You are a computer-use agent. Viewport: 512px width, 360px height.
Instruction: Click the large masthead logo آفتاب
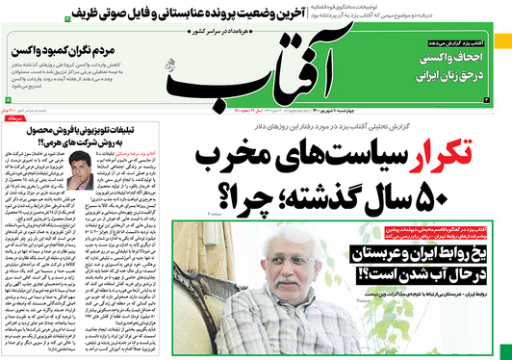click(x=255, y=73)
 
